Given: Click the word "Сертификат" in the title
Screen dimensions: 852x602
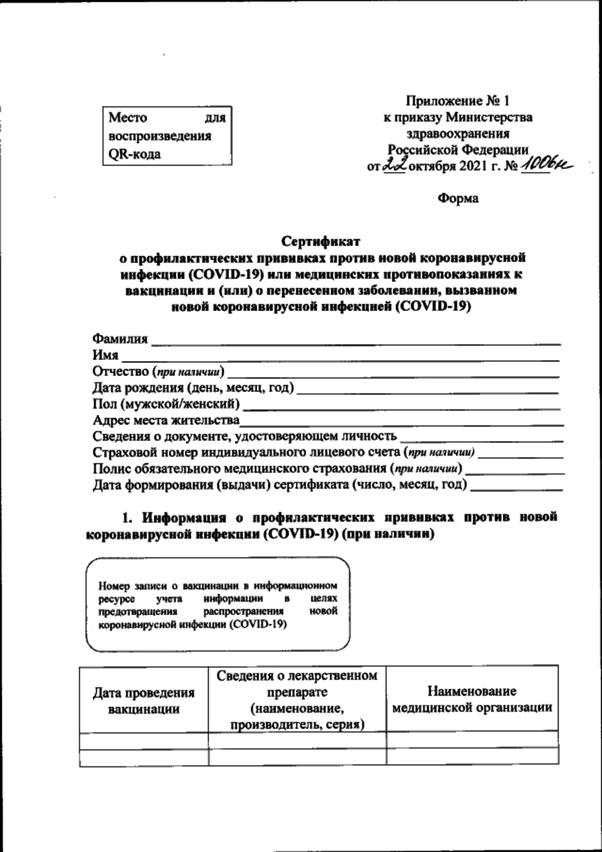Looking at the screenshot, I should pos(320,241).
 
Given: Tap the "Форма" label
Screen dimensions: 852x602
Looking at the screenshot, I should pos(458,199).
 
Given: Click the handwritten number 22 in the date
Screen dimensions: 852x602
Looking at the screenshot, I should pos(394,166).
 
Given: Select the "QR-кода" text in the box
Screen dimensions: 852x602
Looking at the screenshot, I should pos(135,154).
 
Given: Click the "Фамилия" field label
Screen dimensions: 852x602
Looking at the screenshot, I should pos(120,339).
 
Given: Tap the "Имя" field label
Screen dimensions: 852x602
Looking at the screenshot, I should pos(105,355).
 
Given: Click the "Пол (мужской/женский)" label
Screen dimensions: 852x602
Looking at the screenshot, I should pos(166,404).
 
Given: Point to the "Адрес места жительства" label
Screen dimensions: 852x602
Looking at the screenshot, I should pos(166,420).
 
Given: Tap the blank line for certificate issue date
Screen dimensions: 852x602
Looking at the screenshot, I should pos(516,488).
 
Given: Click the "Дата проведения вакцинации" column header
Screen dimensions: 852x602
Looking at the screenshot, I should pos(144,701).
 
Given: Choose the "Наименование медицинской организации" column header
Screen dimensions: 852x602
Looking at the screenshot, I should pos(472,699).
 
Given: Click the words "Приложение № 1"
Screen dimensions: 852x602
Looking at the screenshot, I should pos(458,101).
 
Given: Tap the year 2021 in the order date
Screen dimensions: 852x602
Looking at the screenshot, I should pos(470,166).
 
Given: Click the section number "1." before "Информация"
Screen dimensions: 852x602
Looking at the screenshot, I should pos(127,518).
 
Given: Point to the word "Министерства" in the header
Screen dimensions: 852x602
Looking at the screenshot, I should pos(489,117).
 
